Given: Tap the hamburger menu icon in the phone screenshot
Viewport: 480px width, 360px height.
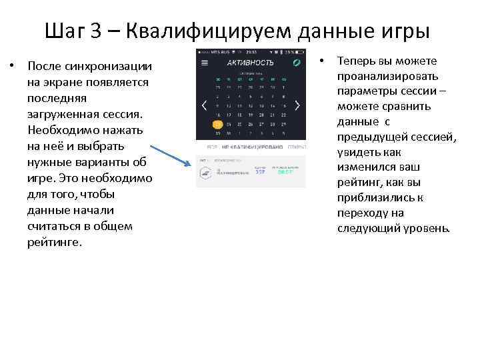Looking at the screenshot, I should coord(205,63).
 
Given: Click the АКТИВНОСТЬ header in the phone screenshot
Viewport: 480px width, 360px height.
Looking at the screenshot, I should coord(246,63).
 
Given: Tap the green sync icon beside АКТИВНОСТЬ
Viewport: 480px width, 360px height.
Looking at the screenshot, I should coord(297,63).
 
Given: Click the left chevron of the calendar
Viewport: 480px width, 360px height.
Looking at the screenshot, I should coord(205,105).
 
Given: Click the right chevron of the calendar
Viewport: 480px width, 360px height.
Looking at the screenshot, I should coord(297,105).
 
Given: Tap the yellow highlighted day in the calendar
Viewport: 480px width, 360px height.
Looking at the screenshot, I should coord(217,124).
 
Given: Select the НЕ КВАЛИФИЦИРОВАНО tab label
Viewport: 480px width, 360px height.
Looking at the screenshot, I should coord(253,146).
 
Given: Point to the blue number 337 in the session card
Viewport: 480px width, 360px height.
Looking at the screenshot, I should coord(260,171).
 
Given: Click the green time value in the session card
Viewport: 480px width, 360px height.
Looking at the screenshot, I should coord(285,171).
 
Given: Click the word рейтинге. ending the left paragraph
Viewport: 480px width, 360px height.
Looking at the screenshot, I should coord(55,242).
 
